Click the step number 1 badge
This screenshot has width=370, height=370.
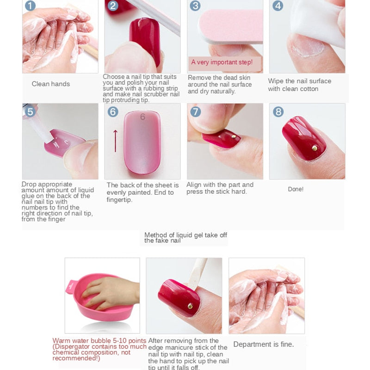(x=30, y=6)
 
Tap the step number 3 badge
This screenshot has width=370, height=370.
(x=195, y=6)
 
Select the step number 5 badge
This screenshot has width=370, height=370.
(x=30, y=111)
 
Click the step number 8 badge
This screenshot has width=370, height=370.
(x=278, y=111)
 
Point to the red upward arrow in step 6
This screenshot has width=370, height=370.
(x=115, y=141)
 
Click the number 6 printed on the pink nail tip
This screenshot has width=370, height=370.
(x=142, y=117)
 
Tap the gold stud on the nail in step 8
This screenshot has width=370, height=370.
(x=314, y=148)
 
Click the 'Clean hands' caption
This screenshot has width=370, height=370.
(x=51, y=84)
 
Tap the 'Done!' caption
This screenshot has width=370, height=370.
(x=296, y=189)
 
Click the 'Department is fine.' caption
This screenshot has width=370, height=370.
(x=263, y=344)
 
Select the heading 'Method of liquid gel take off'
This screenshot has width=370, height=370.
(x=185, y=235)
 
